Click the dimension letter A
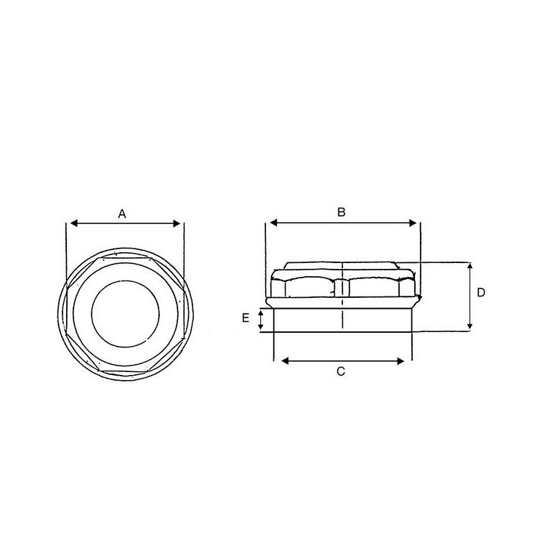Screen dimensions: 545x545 [x=122, y=214]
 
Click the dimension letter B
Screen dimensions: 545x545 [x=342, y=212]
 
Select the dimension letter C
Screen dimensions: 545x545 [x=341, y=371]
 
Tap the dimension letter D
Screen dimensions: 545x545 [x=481, y=293]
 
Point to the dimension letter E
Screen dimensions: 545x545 [x=246, y=318]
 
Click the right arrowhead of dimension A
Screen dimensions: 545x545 [x=177, y=224]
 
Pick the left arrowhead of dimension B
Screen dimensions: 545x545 [x=274, y=223]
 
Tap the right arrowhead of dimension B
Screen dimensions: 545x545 [x=412, y=223]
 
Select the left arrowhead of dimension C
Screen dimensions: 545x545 [x=285, y=361]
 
